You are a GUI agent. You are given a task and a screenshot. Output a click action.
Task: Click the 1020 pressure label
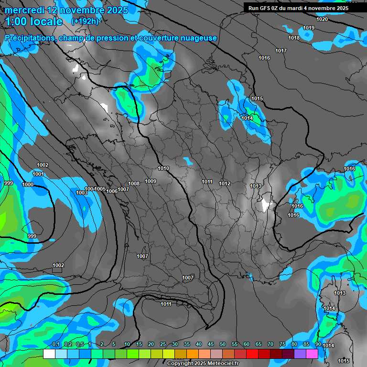click(x=322, y=19)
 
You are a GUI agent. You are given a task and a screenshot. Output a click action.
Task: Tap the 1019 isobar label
click(x=309, y=28)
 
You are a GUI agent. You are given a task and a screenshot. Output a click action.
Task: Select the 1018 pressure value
click(x=294, y=38)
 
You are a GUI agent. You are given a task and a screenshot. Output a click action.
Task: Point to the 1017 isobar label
click(x=281, y=51)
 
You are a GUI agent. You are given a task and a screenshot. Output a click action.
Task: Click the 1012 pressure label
click(x=225, y=183)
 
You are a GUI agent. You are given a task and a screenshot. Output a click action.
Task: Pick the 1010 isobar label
click(x=163, y=168)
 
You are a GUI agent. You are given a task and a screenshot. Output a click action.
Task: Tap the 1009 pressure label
click(x=151, y=181)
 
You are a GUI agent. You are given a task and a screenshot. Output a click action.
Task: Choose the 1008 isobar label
click(x=134, y=183)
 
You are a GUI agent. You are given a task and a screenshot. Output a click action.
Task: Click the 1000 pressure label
click(x=28, y=184)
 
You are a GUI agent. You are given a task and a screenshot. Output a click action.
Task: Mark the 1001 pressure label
click(x=38, y=174)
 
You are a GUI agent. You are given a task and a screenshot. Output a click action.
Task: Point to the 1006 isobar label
click(x=112, y=191)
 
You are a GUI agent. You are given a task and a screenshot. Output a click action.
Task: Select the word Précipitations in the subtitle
click(x=30, y=38)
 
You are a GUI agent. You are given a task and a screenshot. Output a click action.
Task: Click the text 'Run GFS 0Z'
click(x=266, y=8)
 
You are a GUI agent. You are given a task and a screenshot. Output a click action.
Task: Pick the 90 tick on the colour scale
click(x=318, y=345)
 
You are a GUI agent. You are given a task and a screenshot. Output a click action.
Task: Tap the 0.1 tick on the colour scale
click(x=55, y=345)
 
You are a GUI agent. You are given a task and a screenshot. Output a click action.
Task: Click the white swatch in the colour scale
click(x=49, y=354)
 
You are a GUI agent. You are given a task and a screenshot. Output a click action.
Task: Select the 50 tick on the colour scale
click(x=223, y=345)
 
